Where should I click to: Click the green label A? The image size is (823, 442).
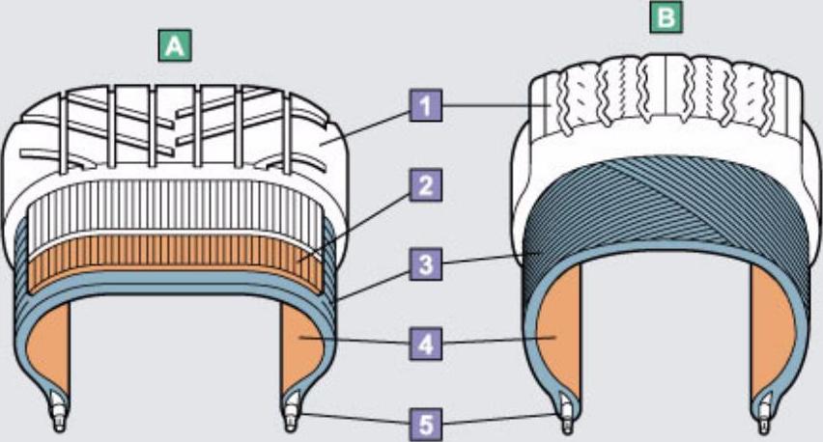(173, 44)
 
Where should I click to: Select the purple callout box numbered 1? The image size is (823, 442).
(423, 104)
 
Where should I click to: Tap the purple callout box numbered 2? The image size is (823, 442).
(423, 184)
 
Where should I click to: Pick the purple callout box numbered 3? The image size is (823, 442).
(423, 262)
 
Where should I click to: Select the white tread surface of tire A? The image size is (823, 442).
(174, 125)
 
